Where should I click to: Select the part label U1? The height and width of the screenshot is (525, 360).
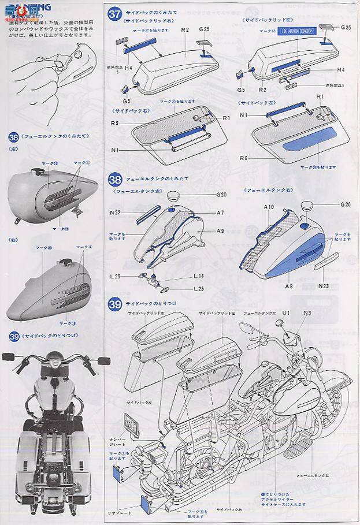tap(285, 312)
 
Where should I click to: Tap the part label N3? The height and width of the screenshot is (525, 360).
tap(306, 312)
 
